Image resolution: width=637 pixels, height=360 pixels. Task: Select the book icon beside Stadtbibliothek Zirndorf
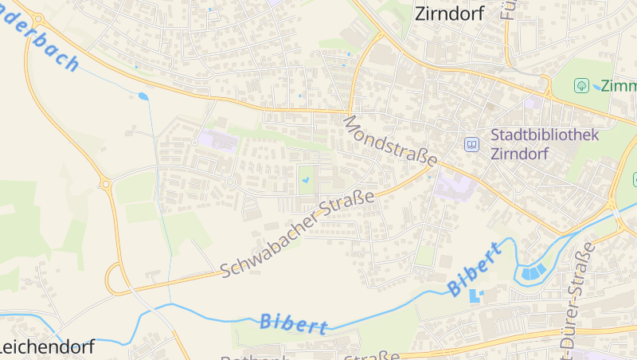coord(472,144)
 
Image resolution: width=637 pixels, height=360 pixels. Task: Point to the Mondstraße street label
coord(390,140)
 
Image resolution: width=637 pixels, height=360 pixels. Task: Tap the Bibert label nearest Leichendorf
coord(294,323)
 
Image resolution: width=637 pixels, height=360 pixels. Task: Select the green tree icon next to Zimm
coord(582,85)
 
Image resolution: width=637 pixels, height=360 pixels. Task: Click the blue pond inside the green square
coord(307,181)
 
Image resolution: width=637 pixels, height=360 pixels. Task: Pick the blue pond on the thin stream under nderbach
coord(143,96)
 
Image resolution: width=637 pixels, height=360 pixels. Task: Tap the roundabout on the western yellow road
coord(105,184)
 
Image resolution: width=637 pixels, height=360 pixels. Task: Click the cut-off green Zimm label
coord(619,86)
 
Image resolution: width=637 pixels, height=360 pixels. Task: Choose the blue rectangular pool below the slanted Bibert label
coord(476,296)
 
